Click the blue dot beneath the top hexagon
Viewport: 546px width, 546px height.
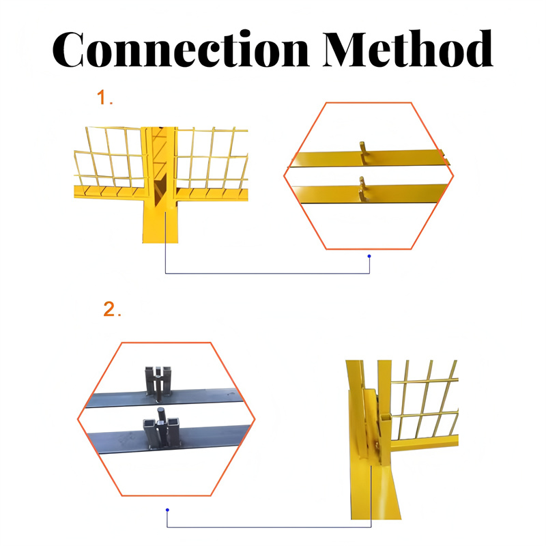pos(369,257)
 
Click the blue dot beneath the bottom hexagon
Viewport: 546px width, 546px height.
pos(167,509)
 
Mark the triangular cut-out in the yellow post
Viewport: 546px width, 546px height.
pos(161,192)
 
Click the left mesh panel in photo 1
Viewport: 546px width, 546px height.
pos(109,157)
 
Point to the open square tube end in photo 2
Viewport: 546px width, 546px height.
pos(386,417)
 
